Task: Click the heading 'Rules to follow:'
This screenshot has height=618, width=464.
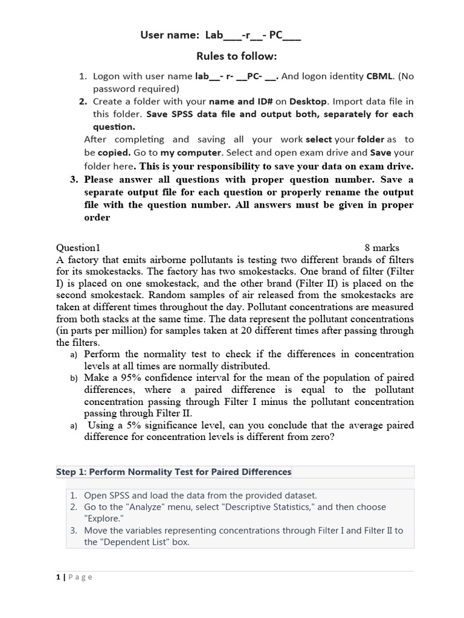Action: (x=236, y=56)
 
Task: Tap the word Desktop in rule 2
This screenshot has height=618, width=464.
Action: (x=308, y=101)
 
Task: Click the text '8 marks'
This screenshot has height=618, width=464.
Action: (x=382, y=247)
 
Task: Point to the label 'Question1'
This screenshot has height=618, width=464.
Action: (x=78, y=247)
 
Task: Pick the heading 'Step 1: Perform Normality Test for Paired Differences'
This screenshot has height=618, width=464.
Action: (x=173, y=472)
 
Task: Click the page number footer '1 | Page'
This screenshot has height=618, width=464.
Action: (x=74, y=578)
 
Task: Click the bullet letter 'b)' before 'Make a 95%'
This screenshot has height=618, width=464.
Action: (x=74, y=378)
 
